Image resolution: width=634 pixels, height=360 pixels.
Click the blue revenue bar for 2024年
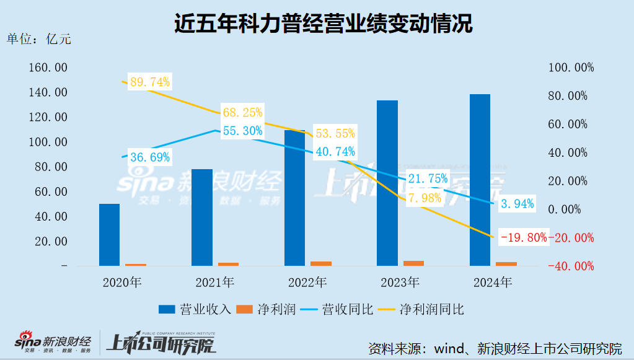pos(480,180)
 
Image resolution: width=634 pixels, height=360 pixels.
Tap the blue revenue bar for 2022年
pos(294,198)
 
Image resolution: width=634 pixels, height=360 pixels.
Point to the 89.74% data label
pos(149,82)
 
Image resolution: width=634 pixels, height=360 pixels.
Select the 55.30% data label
pos(242,131)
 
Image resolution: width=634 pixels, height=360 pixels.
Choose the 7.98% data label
pos(425,198)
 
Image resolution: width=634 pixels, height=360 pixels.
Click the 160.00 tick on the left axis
pos(48,68)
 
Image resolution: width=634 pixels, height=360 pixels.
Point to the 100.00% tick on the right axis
pos(570,68)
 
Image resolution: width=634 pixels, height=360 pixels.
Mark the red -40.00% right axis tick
pos(570,266)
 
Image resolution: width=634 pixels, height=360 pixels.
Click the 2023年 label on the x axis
pos(400,283)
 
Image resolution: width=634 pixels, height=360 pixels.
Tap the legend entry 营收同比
pos(347,309)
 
